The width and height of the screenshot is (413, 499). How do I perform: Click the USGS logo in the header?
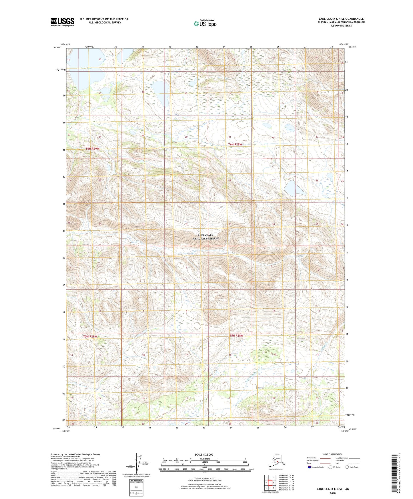pos(63,22)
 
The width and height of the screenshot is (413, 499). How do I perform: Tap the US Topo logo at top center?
pos(205,23)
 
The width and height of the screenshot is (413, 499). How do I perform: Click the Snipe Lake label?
pos(86,68)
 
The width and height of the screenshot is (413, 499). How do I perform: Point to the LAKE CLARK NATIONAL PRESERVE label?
pos(205,237)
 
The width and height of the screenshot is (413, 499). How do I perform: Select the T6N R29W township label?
pos(93,149)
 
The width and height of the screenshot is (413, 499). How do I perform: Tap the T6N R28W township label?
pos(235,144)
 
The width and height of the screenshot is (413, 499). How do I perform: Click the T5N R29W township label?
pos(90,336)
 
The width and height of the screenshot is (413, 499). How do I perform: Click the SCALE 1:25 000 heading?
pos(204,454)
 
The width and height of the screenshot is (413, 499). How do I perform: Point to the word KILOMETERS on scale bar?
pos(204,459)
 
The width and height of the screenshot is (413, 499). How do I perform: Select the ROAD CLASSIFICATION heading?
pos(333,454)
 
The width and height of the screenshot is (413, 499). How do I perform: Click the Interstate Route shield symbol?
pos(309,467)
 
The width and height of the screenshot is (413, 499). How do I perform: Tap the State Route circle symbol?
pos(347,467)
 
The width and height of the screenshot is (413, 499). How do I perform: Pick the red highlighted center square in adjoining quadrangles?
pos(270,483)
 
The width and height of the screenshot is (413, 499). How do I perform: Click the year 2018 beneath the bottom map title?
pos(333,493)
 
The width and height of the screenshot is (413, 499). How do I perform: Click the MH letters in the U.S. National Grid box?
pos(136,487)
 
